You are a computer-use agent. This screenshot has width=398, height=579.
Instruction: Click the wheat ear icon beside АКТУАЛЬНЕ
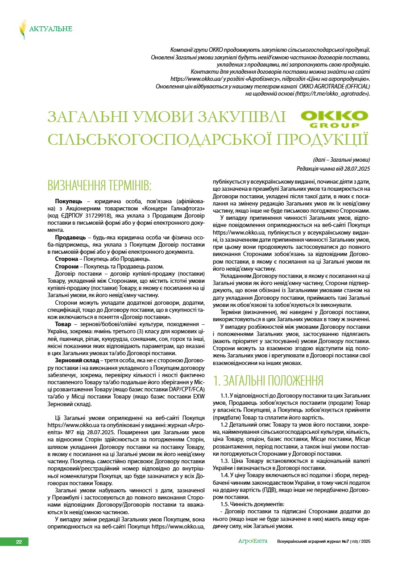[22, 29]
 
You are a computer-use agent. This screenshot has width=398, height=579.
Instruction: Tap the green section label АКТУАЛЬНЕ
[50, 29]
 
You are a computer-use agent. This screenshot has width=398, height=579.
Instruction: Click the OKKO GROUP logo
[335, 119]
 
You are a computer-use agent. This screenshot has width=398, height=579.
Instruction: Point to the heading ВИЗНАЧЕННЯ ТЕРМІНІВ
[99, 185]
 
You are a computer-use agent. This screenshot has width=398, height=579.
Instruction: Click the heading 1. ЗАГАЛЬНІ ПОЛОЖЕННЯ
[268, 381]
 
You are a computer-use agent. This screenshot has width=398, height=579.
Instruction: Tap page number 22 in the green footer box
[19, 542]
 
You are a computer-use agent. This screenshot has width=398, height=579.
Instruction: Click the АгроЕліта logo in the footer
[253, 541]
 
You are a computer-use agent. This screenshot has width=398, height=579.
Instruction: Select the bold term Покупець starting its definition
[69, 202]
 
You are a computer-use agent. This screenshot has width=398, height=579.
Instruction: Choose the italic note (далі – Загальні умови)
[341, 160]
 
